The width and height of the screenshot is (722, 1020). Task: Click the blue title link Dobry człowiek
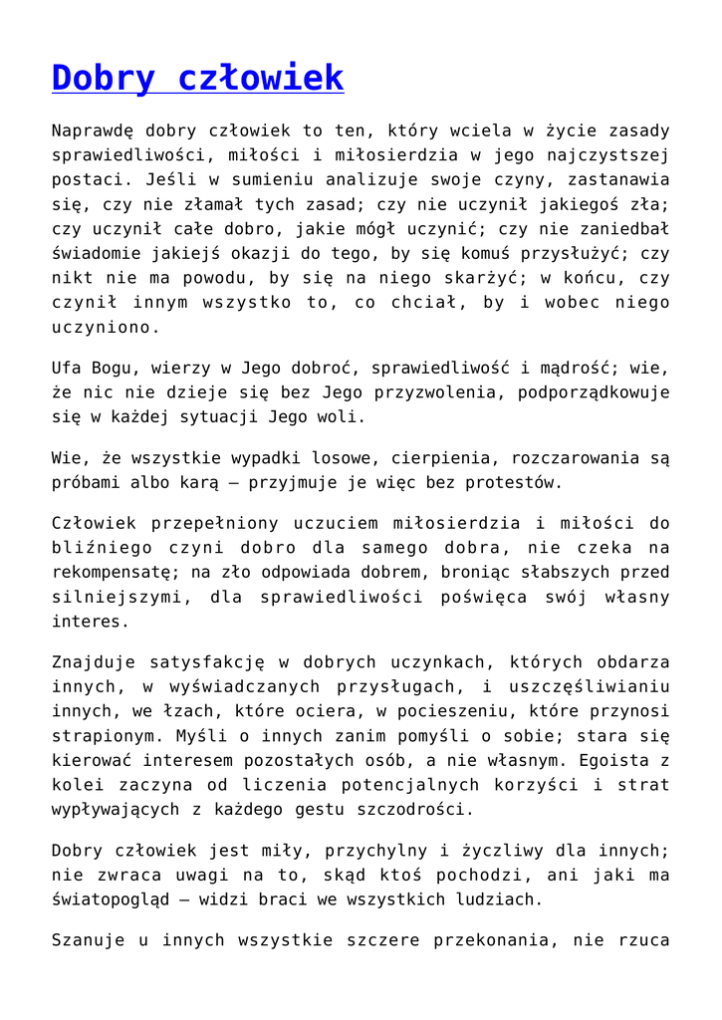pyautogui.click(x=197, y=78)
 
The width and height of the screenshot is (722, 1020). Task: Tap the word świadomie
pyautogui.click(x=94, y=254)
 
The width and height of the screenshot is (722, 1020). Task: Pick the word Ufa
pyautogui.click(x=67, y=368)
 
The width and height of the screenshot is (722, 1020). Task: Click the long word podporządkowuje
pyautogui.click(x=594, y=392)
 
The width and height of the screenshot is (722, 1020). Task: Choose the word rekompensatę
pyautogui.click(x=117, y=573)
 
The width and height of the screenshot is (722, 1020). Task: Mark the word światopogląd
pyautogui.click(x=117, y=899)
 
